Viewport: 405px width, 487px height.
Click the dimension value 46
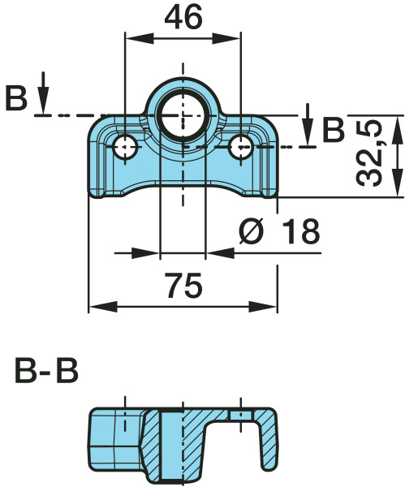[183, 18]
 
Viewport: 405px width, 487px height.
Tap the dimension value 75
[183, 285]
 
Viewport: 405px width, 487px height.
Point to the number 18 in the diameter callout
[301, 231]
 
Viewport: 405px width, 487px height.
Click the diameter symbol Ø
[251, 231]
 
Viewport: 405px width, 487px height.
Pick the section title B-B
[46, 371]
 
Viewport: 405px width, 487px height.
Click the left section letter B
[16, 99]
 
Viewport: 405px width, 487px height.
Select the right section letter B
[334, 129]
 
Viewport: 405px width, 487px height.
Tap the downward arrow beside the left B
[44, 93]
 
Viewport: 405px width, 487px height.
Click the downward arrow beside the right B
[308, 124]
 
